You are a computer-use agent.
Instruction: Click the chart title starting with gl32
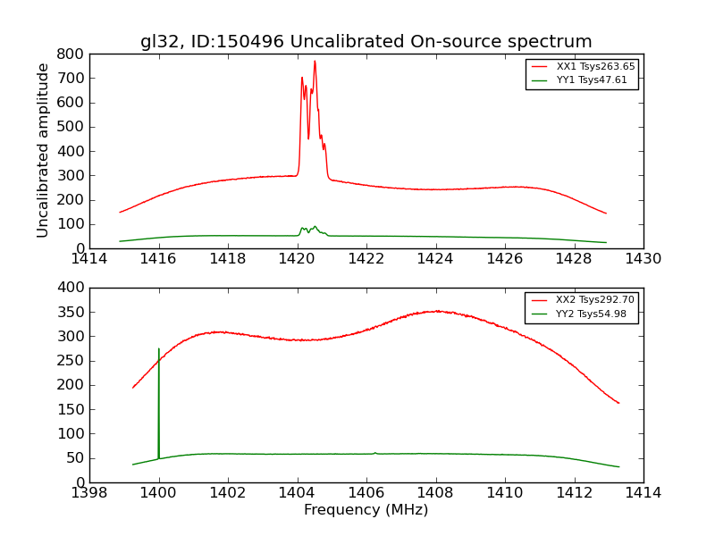pyautogui.click(x=366, y=42)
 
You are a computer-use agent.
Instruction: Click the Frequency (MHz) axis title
pyautogui.click(x=366, y=510)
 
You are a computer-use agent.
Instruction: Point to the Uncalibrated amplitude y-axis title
pyautogui.click(x=43, y=150)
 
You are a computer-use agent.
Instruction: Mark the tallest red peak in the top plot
pyautogui.click(x=315, y=62)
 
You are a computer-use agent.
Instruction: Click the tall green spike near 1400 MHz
pyautogui.click(x=159, y=350)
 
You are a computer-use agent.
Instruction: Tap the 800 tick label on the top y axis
pyautogui.click(x=71, y=54)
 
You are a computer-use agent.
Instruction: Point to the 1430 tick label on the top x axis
pyautogui.click(x=643, y=259)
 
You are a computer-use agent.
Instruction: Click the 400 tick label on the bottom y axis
pyautogui.click(x=71, y=288)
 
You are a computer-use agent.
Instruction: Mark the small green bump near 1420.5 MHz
pyautogui.click(x=314, y=227)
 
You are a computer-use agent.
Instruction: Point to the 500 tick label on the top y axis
pyautogui.click(x=71, y=127)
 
